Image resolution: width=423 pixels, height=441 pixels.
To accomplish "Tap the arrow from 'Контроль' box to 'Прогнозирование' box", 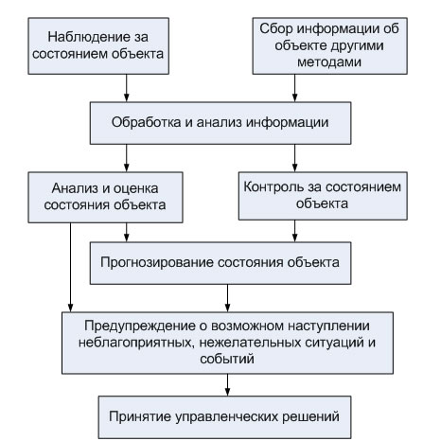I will pyautogui.click(x=297, y=230).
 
